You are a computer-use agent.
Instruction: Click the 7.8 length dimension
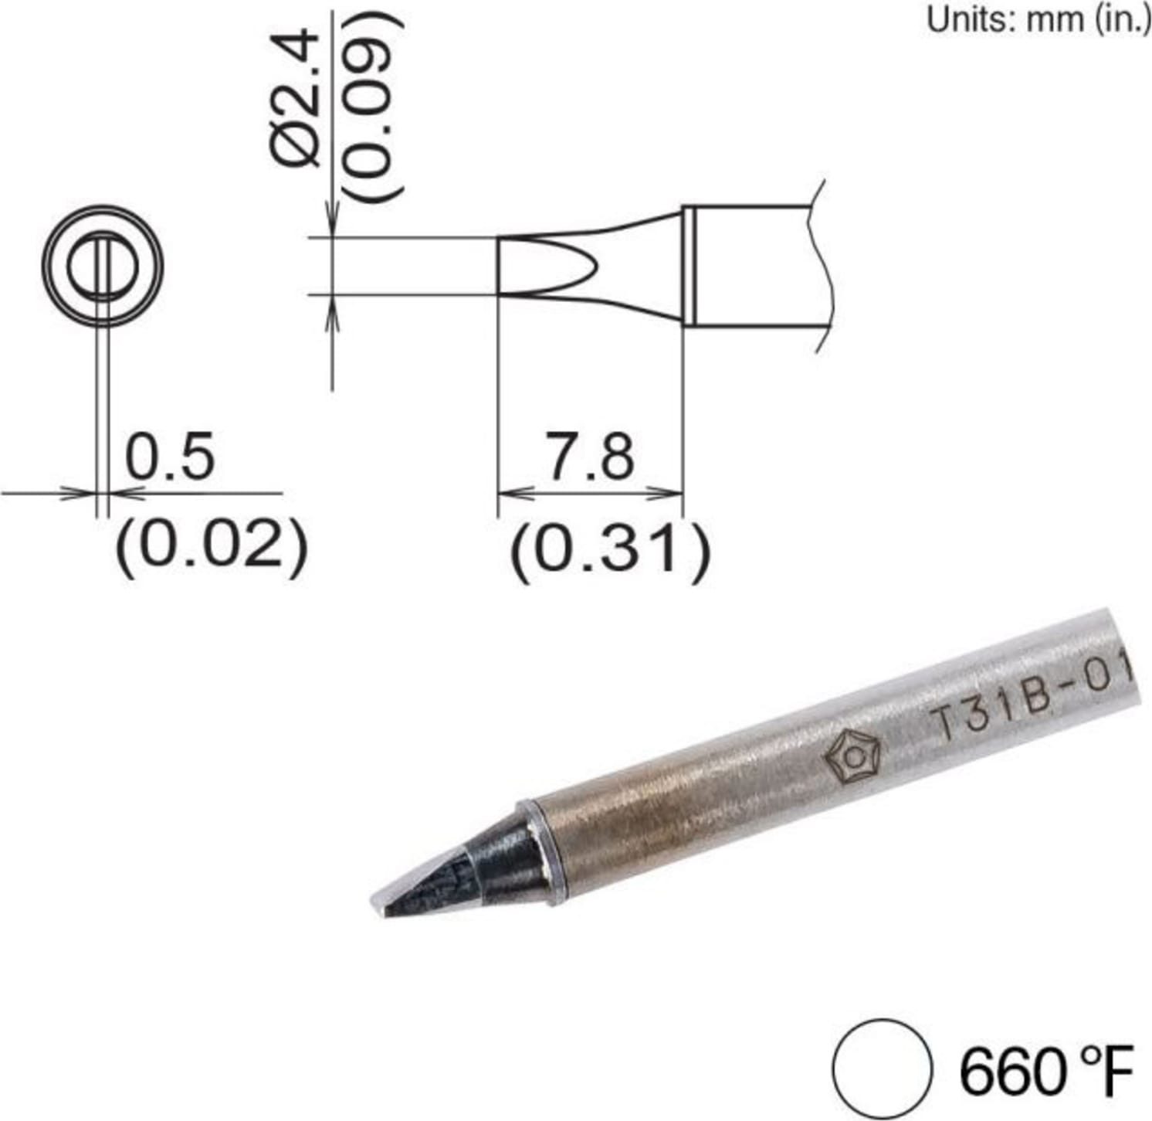point(591,457)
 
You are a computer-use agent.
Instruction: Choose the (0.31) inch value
point(608,550)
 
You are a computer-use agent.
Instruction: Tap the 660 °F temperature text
point(1046,1071)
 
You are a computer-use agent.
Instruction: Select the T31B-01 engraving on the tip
point(1031,703)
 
